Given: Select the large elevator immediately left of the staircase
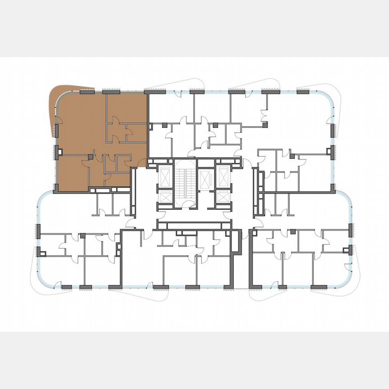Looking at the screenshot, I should pyautogui.click(x=165, y=176).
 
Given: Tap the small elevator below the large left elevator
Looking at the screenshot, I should pyautogui.click(x=165, y=197).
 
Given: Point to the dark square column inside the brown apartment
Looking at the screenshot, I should pyautogui.click(x=90, y=157).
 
